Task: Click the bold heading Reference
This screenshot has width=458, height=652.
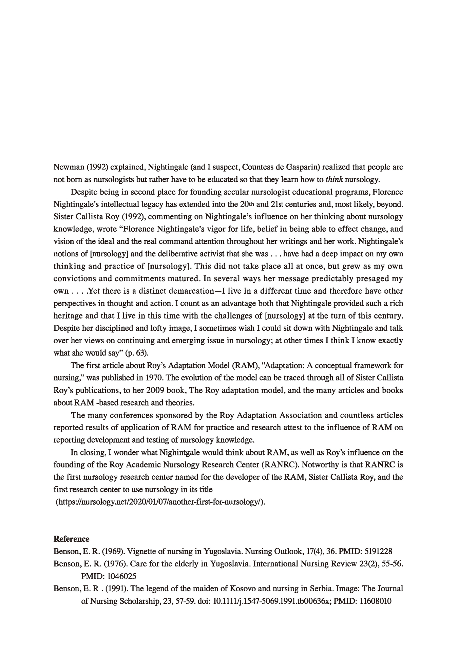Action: (72, 539)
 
